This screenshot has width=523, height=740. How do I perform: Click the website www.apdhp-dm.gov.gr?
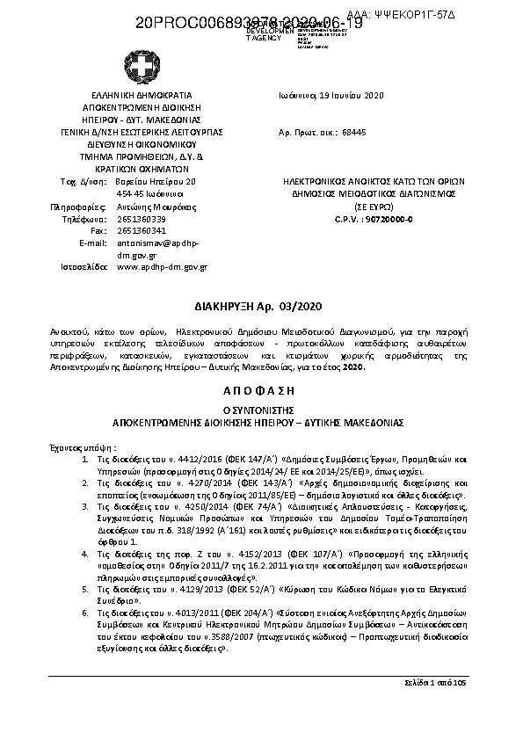point(162,266)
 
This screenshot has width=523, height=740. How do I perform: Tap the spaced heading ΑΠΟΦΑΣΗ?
point(260,389)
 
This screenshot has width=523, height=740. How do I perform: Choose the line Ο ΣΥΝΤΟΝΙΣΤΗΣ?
point(260,410)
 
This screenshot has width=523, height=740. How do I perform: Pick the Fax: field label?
point(98,230)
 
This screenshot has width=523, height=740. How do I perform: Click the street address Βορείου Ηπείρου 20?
point(150,181)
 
